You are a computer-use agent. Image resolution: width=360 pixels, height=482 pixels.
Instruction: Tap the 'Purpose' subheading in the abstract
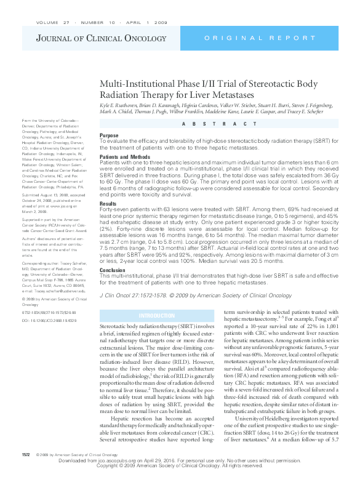[x=109, y=135]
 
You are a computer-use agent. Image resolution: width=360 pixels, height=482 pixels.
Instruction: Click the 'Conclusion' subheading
[x=111, y=269]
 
